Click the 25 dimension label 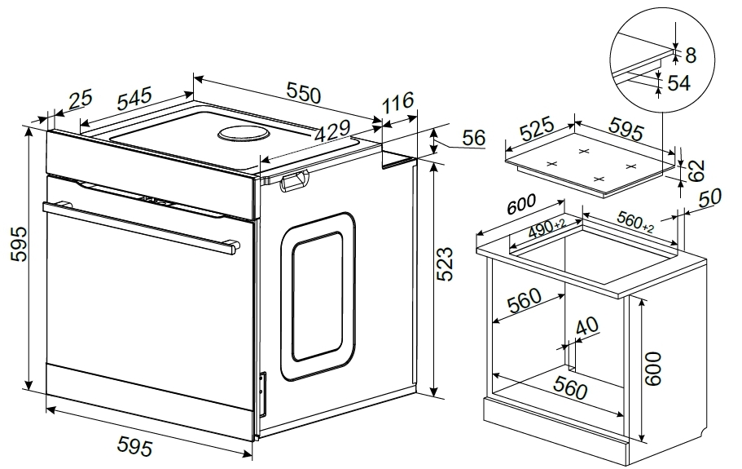tap(81, 100)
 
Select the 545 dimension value tap(134, 98)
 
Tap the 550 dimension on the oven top tap(304, 93)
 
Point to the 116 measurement tap(398, 103)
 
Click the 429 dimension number tap(332, 131)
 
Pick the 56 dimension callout tap(473, 137)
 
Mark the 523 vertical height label tap(444, 264)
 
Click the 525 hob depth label tap(537, 129)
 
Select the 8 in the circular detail tap(691, 55)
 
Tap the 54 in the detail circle tap(679, 83)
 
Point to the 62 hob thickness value tap(695, 170)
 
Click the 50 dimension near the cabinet tap(709, 197)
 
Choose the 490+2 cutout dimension tap(547, 228)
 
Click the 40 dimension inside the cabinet tap(587, 326)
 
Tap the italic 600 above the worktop tap(521, 204)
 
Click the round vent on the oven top tap(244, 134)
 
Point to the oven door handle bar tap(141, 228)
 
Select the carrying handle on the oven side tap(294, 180)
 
